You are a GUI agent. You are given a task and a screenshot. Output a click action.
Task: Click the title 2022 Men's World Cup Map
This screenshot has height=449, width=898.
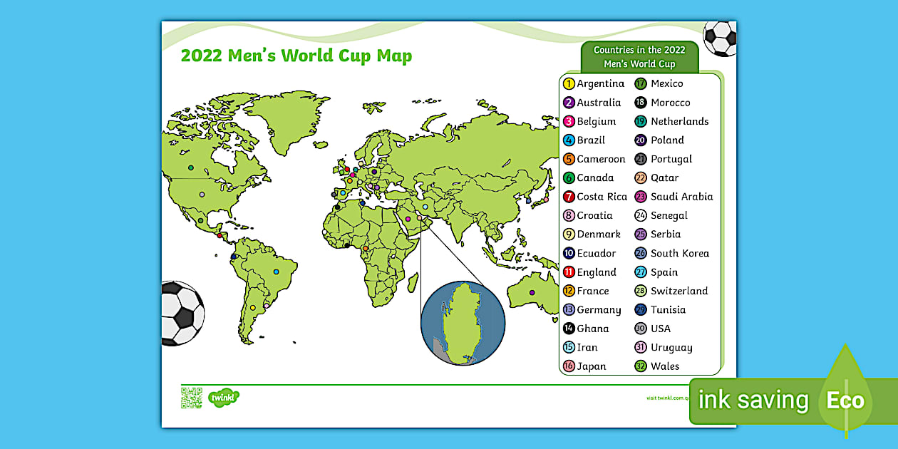click(x=296, y=56)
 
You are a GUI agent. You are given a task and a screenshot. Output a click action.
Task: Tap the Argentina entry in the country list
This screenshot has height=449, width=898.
click(x=600, y=84)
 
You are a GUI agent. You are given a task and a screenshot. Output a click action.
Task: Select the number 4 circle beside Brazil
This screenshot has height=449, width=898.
click(x=569, y=140)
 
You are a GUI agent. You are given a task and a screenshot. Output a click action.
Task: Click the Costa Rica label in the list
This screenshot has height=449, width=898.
click(x=602, y=197)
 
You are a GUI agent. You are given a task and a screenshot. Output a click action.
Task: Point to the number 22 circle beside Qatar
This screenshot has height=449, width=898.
click(x=640, y=178)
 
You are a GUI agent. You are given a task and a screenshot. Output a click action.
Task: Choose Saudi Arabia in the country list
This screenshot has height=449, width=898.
click(x=681, y=197)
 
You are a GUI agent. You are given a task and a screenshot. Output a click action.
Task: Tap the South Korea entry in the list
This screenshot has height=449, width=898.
click(x=679, y=253)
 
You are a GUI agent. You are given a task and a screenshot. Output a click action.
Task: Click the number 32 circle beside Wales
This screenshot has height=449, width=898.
click(x=640, y=366)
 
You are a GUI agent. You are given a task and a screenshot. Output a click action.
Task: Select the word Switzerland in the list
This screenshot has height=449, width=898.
click(x=679, y=291)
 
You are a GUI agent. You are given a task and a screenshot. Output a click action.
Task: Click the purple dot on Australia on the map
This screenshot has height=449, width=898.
click(x=531, y=292)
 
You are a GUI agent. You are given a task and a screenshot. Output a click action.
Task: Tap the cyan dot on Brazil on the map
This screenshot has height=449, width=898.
click(x=276, y=272)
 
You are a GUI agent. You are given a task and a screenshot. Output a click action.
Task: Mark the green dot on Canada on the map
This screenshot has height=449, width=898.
click(x=191, y=168)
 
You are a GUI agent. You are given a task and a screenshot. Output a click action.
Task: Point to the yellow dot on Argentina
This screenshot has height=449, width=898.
click(x=252, y=308)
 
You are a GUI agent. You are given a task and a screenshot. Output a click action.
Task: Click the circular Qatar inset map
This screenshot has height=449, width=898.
click(x=463, y=321)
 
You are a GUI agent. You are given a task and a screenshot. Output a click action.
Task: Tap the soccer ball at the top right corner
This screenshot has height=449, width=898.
click(x=720, y=38)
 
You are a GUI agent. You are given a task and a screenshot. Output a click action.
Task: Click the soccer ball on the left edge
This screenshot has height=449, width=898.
click(x=182, y=312)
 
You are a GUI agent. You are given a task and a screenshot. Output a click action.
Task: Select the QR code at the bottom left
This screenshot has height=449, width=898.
click(x=191, y=397)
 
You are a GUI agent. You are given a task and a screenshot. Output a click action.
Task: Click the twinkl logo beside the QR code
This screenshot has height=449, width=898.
click(x=223, y=397)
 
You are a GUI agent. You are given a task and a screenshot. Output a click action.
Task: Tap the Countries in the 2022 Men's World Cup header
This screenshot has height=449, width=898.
click(x=639, y=57)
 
